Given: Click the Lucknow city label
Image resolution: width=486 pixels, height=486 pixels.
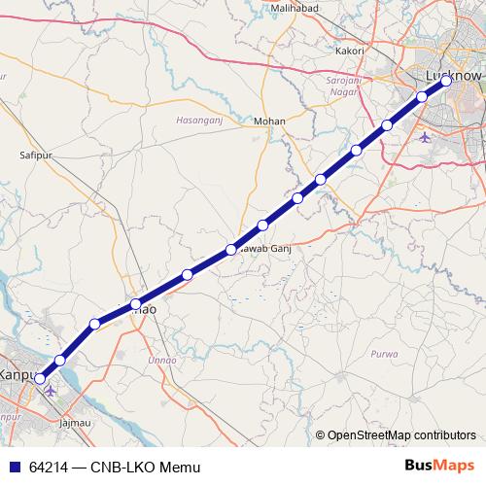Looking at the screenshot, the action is click(454, 75).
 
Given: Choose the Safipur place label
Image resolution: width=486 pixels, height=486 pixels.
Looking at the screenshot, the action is click(35, 155).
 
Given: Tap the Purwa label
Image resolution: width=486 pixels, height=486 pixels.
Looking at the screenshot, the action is click(384, 354).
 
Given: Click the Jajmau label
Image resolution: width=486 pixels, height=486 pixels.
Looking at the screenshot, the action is click(76, 424).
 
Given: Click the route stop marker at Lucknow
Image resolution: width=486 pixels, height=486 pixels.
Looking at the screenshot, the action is click(446, 82).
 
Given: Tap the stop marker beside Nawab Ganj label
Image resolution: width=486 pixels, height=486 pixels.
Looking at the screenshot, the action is click(231, 250).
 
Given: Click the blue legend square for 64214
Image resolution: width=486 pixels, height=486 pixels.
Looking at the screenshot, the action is click(13, 468).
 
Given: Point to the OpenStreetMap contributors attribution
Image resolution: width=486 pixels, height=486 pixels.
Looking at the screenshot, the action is click(401, 434).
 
